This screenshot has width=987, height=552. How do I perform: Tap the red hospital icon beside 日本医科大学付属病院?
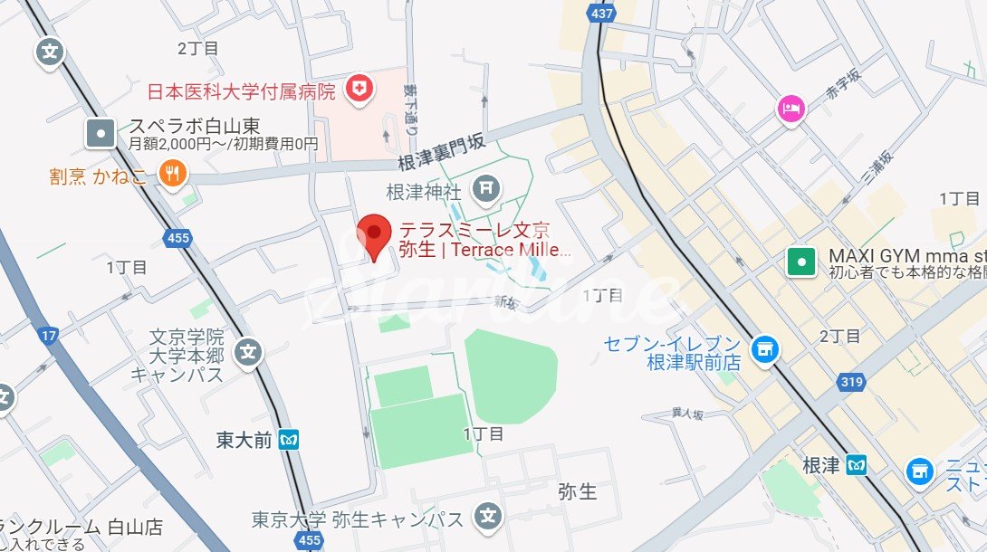pyautogui.click(x=361, y=89)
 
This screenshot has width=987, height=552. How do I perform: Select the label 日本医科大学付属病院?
pyautogui.click(x=242, y=90)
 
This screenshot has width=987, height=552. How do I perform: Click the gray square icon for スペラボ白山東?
pyautogui.click(x=101, y=134)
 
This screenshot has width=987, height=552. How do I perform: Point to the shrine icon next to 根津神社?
pyautogui.click(x=486, y=188)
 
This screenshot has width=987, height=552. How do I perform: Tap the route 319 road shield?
pyautogui.click(x=850, y=382)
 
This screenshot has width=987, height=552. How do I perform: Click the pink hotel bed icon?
pyautogui.click(x=791, y=109)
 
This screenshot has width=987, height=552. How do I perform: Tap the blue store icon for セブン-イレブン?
pyautogui.click(x=765, y=347)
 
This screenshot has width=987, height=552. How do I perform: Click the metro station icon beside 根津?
pyautogui.click(x=857, y=466)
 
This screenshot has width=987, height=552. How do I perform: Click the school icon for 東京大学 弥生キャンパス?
pyautogui.click(x=487, y=518)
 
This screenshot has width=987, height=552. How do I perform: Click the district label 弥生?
pyautogui.click(x=577, y=491)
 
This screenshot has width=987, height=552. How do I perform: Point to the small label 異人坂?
pyautogui.click(x=687, y=414)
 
